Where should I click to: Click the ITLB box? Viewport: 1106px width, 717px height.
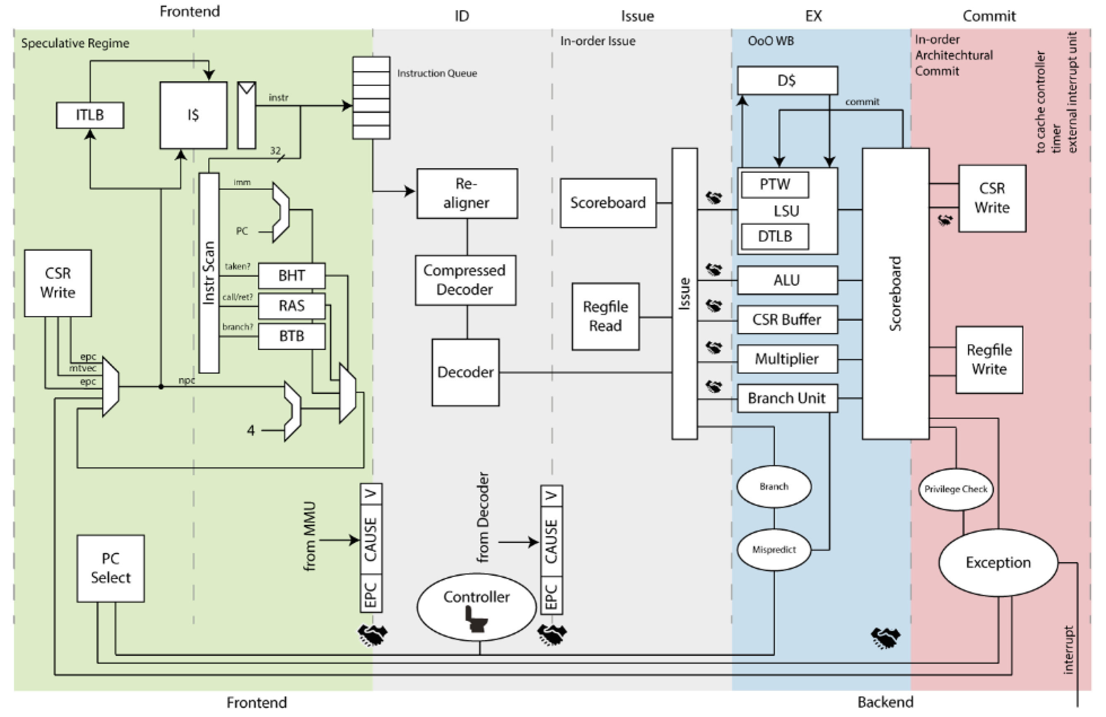[90, 115]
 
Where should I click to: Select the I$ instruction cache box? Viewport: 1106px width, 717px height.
[193, 115]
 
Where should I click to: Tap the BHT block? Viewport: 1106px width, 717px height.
[292, 276]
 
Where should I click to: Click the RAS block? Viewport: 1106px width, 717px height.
[292, 306]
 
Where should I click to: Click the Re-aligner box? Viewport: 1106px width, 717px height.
[467, 193]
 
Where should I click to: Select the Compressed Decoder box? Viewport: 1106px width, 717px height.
[465, 280]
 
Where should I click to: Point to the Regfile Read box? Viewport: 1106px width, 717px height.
[605, 316]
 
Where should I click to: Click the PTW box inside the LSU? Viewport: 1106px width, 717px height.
[775, 185]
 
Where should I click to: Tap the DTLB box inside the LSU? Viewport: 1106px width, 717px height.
[775, 236]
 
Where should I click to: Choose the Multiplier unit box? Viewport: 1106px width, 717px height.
[787, 359]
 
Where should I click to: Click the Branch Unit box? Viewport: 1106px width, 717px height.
[787, 398]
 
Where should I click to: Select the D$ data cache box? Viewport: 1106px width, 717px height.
[787, 80]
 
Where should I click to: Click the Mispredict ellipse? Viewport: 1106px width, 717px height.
[774, 550]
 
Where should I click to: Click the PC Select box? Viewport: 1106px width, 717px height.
[111, 568]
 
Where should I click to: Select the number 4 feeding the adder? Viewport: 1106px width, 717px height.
[251, 430]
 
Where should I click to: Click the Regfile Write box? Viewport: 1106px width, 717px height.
[989, 360]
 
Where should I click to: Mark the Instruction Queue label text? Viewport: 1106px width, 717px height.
[437, 73]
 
